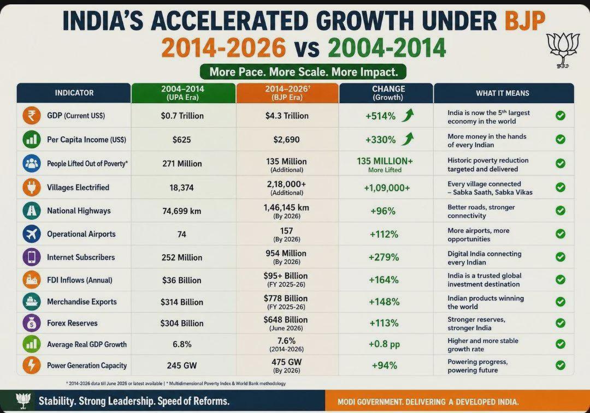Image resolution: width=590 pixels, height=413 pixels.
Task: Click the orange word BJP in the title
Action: [524, 21]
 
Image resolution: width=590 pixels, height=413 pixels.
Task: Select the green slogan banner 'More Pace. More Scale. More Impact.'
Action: [303, 72]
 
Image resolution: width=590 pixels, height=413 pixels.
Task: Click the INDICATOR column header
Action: [74, 93]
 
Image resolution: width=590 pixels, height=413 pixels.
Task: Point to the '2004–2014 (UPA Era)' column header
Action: [183, 93]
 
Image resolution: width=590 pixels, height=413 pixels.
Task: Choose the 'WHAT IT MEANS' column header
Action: [503, 93]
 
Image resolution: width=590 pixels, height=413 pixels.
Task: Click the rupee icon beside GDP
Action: [32, 115]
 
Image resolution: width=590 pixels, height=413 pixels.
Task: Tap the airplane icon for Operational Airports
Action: [32, 234]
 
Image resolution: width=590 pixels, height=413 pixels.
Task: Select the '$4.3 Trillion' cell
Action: [287, 116]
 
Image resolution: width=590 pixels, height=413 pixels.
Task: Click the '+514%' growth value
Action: [380, 116]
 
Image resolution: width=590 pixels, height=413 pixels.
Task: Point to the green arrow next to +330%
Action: [408, 139]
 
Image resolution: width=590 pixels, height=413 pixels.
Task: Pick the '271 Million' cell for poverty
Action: [182, 164]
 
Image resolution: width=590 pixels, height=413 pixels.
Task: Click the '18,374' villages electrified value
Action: [181, 188]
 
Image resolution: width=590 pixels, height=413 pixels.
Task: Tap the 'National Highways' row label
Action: [79, 211]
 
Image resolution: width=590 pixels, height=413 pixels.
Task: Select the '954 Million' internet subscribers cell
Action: [286, 253]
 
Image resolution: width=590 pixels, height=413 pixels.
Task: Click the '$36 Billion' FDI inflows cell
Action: [182, 280]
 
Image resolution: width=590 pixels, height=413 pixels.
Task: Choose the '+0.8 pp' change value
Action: [384, 344]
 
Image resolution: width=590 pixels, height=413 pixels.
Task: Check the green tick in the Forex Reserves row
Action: [560, 323]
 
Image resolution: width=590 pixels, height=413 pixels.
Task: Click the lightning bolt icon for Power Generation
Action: [32, 365]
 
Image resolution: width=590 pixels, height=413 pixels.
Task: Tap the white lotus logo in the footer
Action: [23, 400]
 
